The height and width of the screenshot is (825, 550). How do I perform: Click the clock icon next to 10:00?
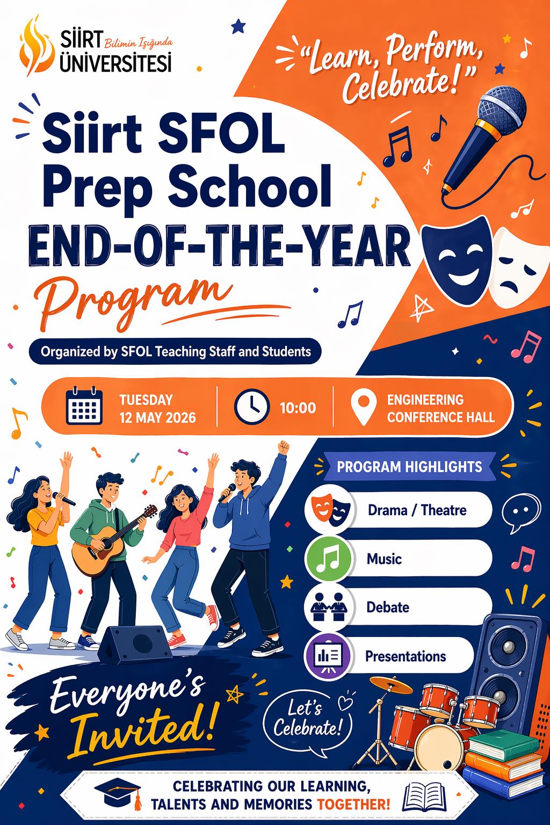pos(252,407)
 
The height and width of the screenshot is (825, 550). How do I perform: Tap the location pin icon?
pos(364,407)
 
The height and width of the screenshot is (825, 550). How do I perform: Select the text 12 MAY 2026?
pos(157,418)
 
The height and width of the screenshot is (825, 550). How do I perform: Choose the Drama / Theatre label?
pos(417,510)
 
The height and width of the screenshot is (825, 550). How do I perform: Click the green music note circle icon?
pos(329,559)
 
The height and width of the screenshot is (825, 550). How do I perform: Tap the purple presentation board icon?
pos(329,656)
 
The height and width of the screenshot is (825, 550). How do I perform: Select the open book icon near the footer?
pos(424,796)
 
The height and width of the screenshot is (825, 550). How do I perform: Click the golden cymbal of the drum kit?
pos(391,685)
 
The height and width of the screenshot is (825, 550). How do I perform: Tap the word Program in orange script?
pos(133,302)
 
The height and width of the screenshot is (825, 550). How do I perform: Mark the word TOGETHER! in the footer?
pos(353,804)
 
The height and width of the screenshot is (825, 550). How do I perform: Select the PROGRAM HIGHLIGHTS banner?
pos(409,467)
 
